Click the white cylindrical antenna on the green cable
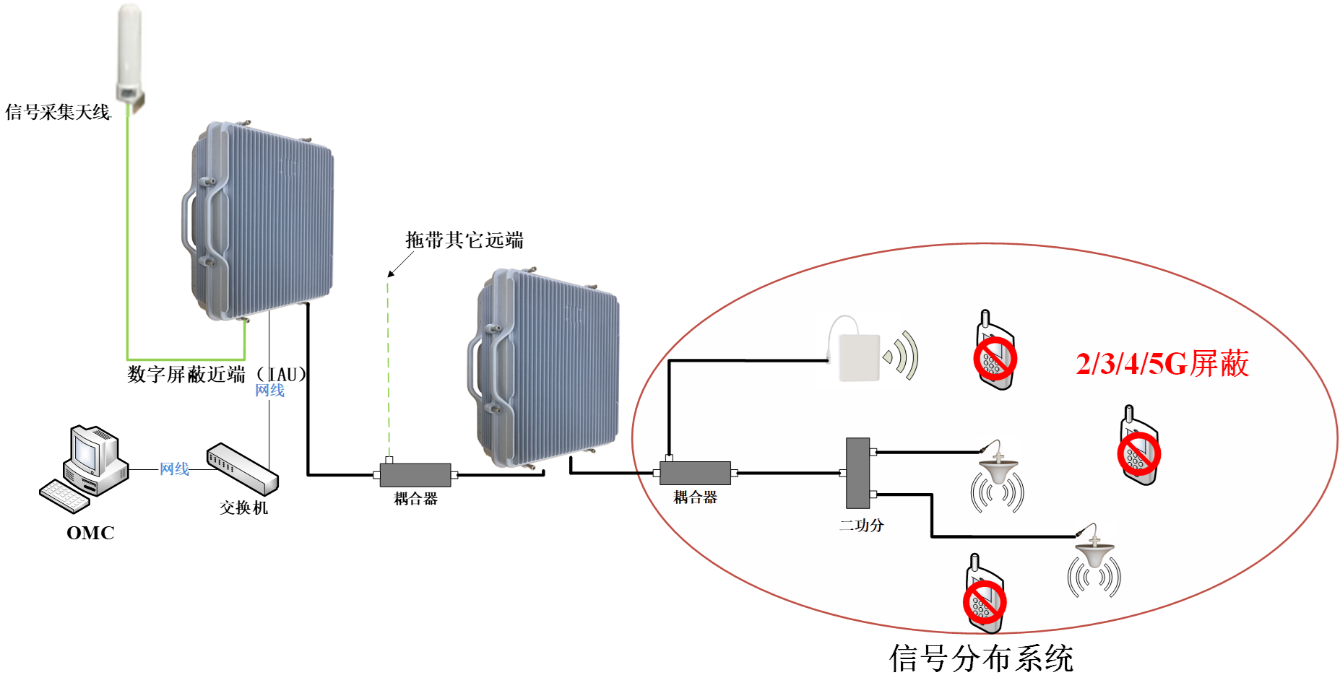tap(127, 54)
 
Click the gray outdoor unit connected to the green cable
tap(258, 222)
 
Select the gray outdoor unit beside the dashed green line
tap(544, 368)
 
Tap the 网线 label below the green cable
tap(269, 391)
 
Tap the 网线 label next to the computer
tap(174, 469)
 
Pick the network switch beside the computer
tap(243, 469)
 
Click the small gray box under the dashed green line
tap(415, 475)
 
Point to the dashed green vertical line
tap(389, 368)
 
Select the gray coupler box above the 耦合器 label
tap(695, 473)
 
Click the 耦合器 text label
tap(695, 497)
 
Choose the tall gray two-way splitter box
tap(857, 473)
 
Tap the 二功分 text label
tap(861, 526)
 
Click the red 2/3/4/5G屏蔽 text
tap(1162, 364)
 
